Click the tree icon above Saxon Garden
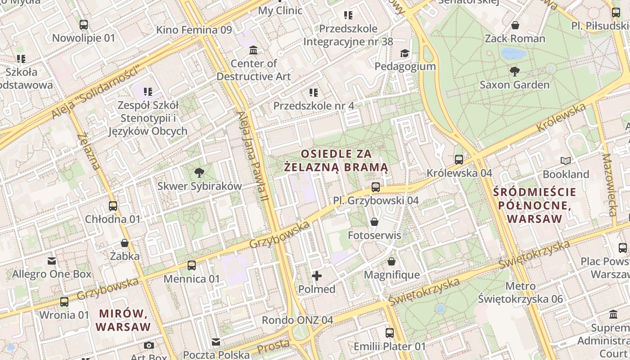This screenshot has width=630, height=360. point(515,71)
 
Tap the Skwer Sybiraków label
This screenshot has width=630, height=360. point(199,186)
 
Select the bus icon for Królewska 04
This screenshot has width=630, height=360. point(459,159)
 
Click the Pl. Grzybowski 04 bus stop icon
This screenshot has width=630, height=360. point(376,187)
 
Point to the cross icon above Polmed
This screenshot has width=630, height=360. point(317,275)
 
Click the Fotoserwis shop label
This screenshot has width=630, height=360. point(374,235)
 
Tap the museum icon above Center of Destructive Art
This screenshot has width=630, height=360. point(253,50)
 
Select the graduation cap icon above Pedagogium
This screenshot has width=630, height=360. point(405,53)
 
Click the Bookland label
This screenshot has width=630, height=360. point(566,174)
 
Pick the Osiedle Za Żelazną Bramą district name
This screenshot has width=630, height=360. point(337,161)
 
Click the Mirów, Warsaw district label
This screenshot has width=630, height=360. point(123,320)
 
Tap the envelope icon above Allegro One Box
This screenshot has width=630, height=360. point(52,261)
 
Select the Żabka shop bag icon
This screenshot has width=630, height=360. point(125,243)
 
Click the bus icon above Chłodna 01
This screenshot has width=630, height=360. point(113,206)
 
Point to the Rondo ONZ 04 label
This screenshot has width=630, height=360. point(297,320)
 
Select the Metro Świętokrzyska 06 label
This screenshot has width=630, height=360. point(520,292)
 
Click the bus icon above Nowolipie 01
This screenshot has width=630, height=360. point(84,25)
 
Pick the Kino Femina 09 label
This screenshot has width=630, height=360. point(194,30)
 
